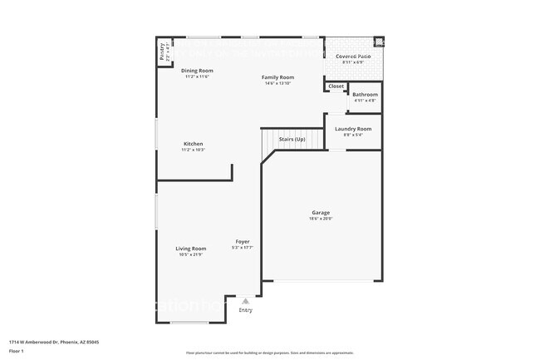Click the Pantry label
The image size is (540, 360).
click(x=162, y=52)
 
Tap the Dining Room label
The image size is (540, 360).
click(x=198, y=71)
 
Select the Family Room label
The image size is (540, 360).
click(x=278, y=76)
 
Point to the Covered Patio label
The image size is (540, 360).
click(x=352, y=56)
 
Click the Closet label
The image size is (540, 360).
click(x=336, y=86)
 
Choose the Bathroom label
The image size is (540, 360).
click(x=365, y=95)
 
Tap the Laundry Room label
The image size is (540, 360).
click(x=353, y=129)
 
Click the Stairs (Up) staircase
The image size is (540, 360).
click(x=292, y=140)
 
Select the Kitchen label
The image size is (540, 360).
click(x=193, y=144)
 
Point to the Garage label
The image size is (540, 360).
click(x=321, y=212)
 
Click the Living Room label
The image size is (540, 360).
click(x=190, y=249)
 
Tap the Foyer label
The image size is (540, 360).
click(x=242, y=242)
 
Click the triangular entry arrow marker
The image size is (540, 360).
click(x=245, y=301)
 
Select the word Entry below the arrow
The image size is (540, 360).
click(x=245, y=310)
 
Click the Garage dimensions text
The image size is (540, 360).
click(x=321, y=219)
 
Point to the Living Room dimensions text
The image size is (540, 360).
click(x=190, y=255)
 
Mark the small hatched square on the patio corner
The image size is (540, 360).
click(x=379, y=42)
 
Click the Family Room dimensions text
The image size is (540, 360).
click(x=278, y=83)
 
